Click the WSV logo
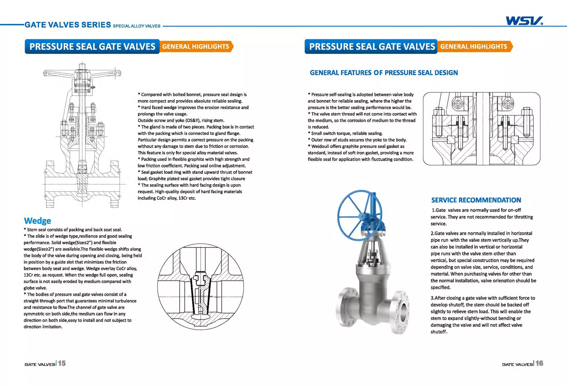pos(524,21)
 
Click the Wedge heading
pos(37,221)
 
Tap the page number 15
pos(62,363)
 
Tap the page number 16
pos(539,363)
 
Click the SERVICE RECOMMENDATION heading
pos(476,200)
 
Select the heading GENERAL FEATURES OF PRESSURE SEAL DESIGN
pos(383,73)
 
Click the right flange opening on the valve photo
pos(404,312)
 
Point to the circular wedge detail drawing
pos(200,287)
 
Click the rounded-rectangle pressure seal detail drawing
pos(481,129)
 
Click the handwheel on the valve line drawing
pos(82,72)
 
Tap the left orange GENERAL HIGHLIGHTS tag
pos(196,46)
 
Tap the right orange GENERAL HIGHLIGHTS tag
pos(474,46)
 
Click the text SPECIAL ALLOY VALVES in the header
pos(136,26)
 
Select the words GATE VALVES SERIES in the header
pos(68,25)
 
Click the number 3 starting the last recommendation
pos(432,298)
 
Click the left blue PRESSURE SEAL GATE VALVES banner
pos(92,46)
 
